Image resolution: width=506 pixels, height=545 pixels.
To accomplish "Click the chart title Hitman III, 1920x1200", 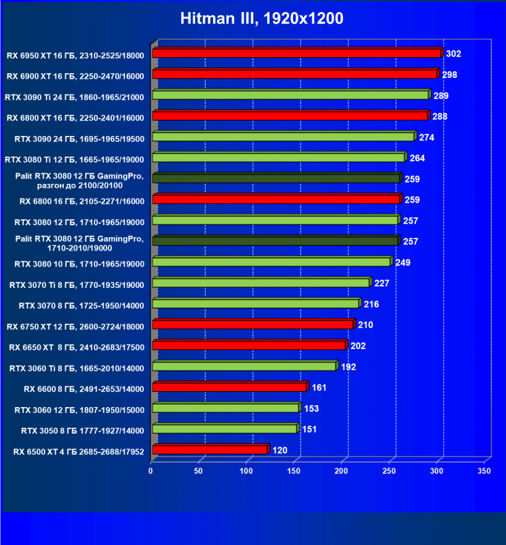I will click(x=262, y=19).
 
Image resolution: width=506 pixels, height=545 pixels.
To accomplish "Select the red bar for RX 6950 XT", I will click(x=296, y=53).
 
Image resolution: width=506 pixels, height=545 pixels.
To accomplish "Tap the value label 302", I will click(x=453, y=53).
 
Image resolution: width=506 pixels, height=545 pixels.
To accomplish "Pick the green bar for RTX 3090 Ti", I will click(x=290, y=95).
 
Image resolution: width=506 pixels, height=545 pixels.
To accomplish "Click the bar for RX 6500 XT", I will click(x=210, y=450).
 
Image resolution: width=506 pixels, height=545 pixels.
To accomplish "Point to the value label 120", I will click(x=280, y=450).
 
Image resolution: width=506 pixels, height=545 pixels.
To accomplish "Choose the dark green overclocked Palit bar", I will click(x=276, y=179).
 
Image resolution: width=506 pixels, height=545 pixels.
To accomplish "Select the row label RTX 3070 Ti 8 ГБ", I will click(x=77, y=284).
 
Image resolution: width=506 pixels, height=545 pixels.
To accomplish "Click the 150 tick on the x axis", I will click(x=294, y=471).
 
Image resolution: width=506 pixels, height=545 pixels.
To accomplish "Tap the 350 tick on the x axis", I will click(x=484, y=471).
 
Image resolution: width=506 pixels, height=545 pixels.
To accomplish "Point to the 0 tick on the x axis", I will click(x=151, y=471).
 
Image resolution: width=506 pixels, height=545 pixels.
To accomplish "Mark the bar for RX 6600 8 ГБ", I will click(x=230, y=388).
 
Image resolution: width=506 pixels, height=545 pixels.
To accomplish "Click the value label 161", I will click(x=319, y=388).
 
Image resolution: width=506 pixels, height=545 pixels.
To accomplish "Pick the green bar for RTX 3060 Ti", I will click(x=244, y=366).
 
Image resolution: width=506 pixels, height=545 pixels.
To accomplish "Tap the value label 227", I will click(x=381, y=283).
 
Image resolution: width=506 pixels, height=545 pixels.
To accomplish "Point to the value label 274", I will click(x=427, y=137).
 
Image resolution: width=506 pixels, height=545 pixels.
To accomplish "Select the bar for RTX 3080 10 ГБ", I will click(x=272, y=262).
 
